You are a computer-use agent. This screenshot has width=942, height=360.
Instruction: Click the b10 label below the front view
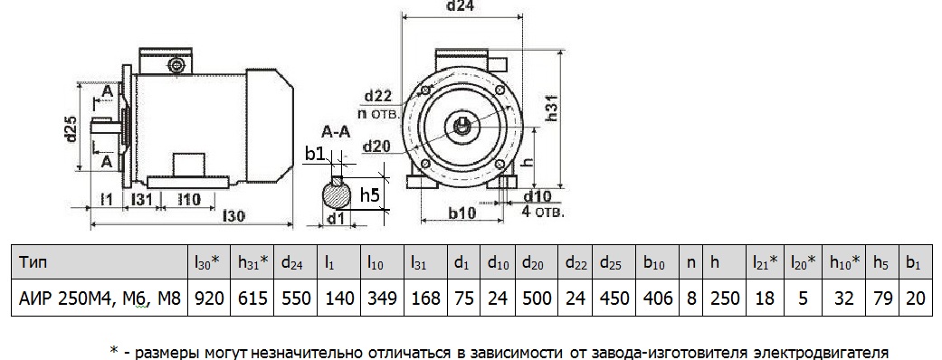click(462, 213)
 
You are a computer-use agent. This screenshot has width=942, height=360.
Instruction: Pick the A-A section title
click(336, 132)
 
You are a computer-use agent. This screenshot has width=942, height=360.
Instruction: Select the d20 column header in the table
click(535, 262)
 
